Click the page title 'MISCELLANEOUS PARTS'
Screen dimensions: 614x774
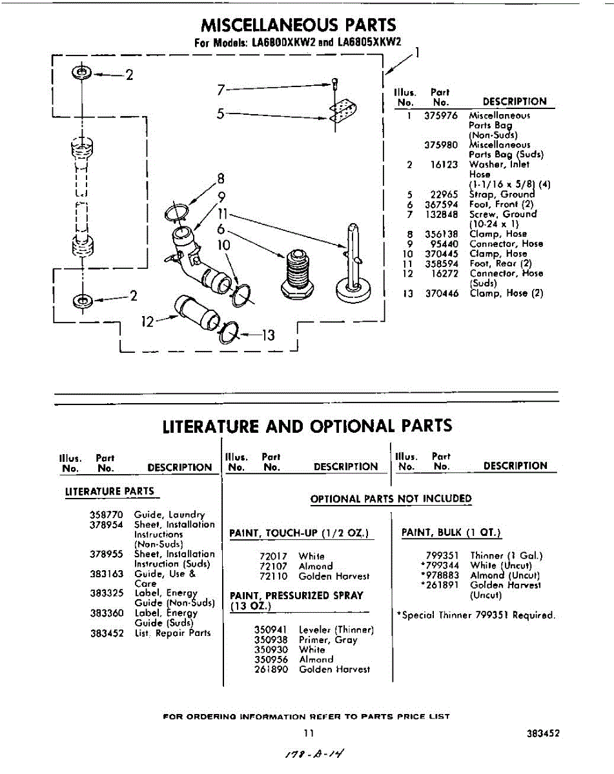pos(298,25)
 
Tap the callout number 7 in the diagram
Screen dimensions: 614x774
pos(221,90)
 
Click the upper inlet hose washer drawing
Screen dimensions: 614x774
pos(82,73)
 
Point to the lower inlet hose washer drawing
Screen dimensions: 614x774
pos(83,301)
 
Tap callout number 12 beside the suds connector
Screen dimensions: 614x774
pos(148,322)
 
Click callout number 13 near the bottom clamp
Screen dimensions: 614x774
pos(269,335)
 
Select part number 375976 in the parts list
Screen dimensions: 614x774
pos(441,116)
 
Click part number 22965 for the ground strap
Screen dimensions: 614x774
pos(444,195)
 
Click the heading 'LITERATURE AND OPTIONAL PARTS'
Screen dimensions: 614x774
pos(307,426)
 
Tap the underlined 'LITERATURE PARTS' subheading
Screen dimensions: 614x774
pos(110,491)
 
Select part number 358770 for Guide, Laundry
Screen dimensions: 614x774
pos(107,515)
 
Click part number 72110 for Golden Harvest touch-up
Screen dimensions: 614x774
pos(274,576)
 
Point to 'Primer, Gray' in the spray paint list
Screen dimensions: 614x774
pos(328,640)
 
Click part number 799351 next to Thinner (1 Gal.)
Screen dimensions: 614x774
pos(442,556)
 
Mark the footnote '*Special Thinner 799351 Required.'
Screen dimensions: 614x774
pos(476,615)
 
